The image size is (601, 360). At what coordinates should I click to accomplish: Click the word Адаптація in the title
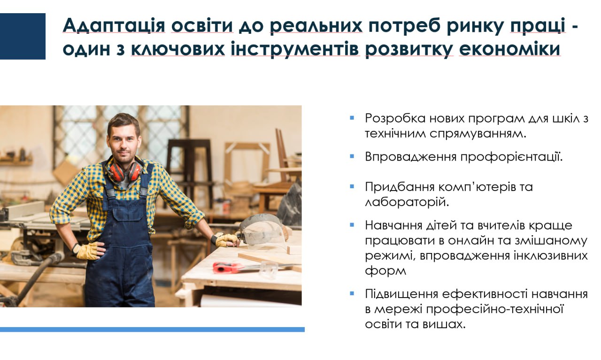(114, 25)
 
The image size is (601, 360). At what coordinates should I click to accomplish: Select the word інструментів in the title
(295, 49)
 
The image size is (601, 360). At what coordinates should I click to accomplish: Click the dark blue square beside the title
(23, 36)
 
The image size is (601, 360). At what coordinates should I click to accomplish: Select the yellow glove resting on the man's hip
(87, 251)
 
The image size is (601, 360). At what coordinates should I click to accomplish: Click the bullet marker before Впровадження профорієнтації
(352, 156)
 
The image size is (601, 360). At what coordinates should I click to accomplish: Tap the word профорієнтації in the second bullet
(511, 157)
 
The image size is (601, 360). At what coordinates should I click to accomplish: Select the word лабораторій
(407, 202)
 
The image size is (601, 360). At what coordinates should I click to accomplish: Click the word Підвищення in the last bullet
(401, 294)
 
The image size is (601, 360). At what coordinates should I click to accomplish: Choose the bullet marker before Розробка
(352, 117)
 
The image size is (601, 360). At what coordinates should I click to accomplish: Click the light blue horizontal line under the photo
(152, 329)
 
